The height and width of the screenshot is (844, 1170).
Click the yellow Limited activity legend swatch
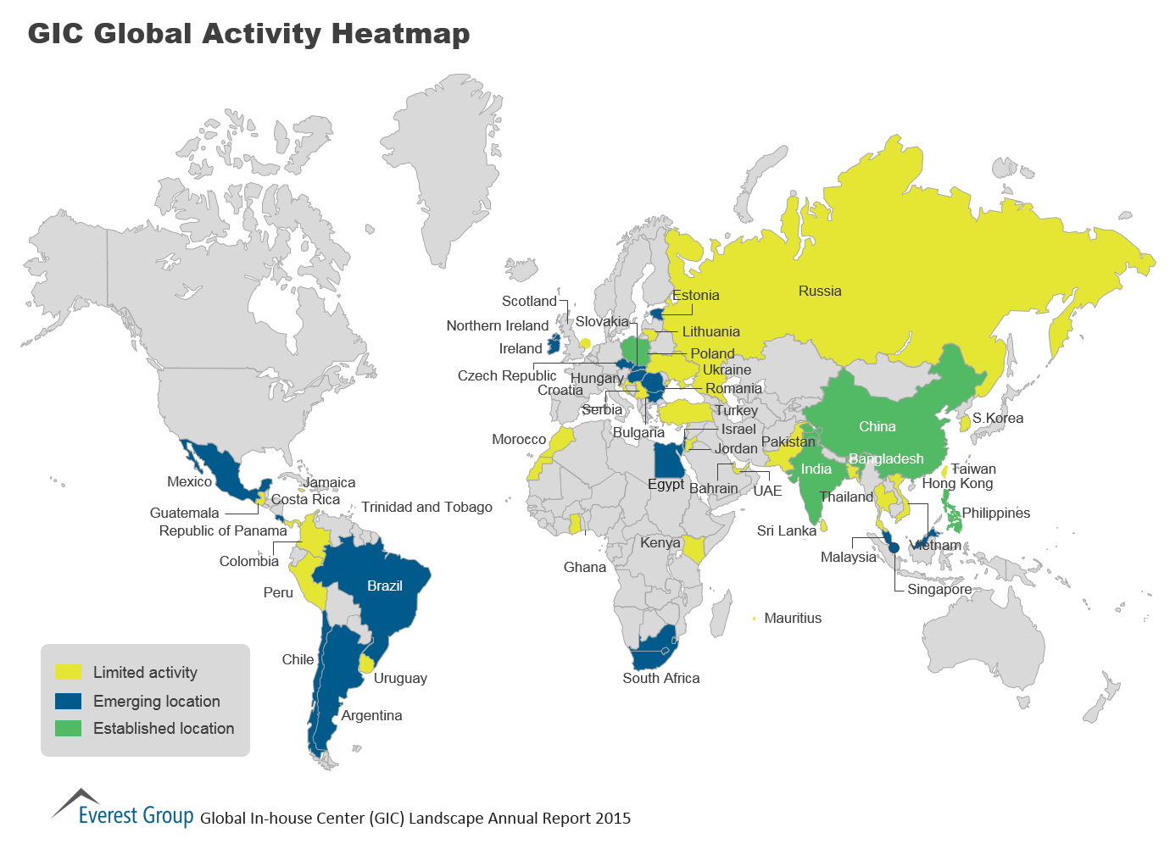pyautogui.click(x=68, y=672)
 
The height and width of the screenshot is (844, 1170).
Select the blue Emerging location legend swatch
pyautogui.click(x=68, y=701)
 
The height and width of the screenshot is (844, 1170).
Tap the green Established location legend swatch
pyautogui.click(x=68, y=728)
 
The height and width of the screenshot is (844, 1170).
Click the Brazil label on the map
pyautogui.click(x=384, y=586)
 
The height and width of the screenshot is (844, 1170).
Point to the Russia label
pyautogui.click(x=819, y=291)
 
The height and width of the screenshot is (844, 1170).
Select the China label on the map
pyautogui.click(x=877, y=426)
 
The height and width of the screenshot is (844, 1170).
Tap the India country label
pyautogui.click(x=816, y=469)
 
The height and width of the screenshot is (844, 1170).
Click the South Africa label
pyautogui.click(x=660, y=678)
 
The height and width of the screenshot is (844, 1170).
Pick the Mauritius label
pyautogui.click(x=792, y=618)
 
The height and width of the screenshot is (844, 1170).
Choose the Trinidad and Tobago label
pyautogui.click(x=426, y=507)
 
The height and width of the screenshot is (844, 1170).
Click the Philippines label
pyautogui.click(x=995, y=513)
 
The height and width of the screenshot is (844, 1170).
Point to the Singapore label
pyautogui.click(x=939, y=589)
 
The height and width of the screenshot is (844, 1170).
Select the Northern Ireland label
pyautogui.click(x=497, y=325)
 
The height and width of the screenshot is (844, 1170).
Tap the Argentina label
pyautogui.click(x=371, y=715)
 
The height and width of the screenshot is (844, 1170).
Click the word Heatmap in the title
pyautogui.click(x=400, y=33)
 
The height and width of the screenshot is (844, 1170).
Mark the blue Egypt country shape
pyautogui.click(x=666, y=460)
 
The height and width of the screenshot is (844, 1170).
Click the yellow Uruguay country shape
pyautogui.click(x=367, y=662)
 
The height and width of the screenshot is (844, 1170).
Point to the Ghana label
pyautogui.click(x=584, y=567)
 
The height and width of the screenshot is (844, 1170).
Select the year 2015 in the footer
pyautogui.click(x=613, y=818)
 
